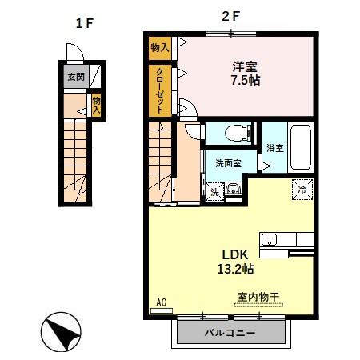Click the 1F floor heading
click(84, 23)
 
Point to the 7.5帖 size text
click(245, 81)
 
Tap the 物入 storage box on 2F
click(159, 48)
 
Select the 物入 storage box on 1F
click(96, 106)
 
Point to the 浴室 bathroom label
click(274, 148)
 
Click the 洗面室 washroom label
click(229, 164)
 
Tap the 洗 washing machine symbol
click(214, 192)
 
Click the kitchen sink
click(268, 239)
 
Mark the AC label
click(160, 302)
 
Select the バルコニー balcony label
click(230, 331)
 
